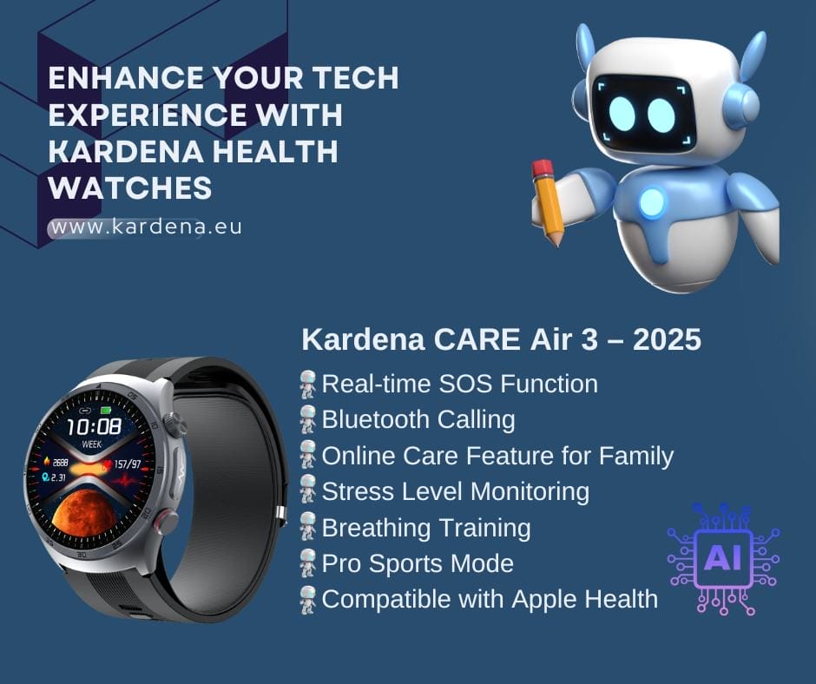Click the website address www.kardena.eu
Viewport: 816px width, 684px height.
146,227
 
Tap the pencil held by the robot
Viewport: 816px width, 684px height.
548,202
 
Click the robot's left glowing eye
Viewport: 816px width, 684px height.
622,114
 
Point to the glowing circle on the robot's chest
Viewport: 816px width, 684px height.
652,202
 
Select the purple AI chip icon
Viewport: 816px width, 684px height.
723,559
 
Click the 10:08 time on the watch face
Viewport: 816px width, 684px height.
95,426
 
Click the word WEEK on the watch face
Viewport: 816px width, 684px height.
92,444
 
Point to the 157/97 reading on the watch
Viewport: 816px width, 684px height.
127,464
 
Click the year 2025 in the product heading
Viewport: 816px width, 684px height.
667,339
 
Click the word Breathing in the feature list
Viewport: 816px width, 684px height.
376,528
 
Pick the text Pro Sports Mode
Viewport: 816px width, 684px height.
418,563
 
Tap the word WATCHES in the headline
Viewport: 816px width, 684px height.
130,187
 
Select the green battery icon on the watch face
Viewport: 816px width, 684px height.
106,411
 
